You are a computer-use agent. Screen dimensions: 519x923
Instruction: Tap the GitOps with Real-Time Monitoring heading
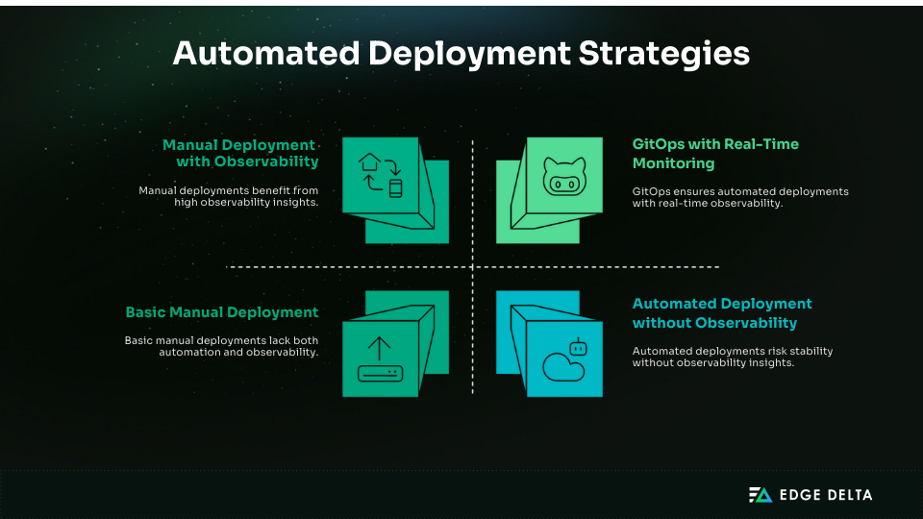(715, 154)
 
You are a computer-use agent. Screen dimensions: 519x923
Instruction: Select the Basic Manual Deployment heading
(222, 312)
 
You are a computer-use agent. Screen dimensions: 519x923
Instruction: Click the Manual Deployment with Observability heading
(240, 154)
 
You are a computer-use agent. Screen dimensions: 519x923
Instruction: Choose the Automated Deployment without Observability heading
(722, 313)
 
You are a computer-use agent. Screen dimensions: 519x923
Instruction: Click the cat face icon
(564, 177)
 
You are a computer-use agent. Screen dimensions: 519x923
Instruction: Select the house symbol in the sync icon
(368, 163)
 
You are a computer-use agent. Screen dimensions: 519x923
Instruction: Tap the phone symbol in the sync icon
(394, 186)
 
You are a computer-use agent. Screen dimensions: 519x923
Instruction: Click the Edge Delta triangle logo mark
(761, 495)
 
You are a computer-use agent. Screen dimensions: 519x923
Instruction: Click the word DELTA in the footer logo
(847, 496)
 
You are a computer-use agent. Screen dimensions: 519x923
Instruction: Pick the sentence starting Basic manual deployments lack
(221, 346)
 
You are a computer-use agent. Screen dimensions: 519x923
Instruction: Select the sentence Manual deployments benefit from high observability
(228, 196)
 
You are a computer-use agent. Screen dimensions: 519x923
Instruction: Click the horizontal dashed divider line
(288, 266)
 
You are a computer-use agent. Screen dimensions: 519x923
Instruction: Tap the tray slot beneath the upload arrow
(381, 373)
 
